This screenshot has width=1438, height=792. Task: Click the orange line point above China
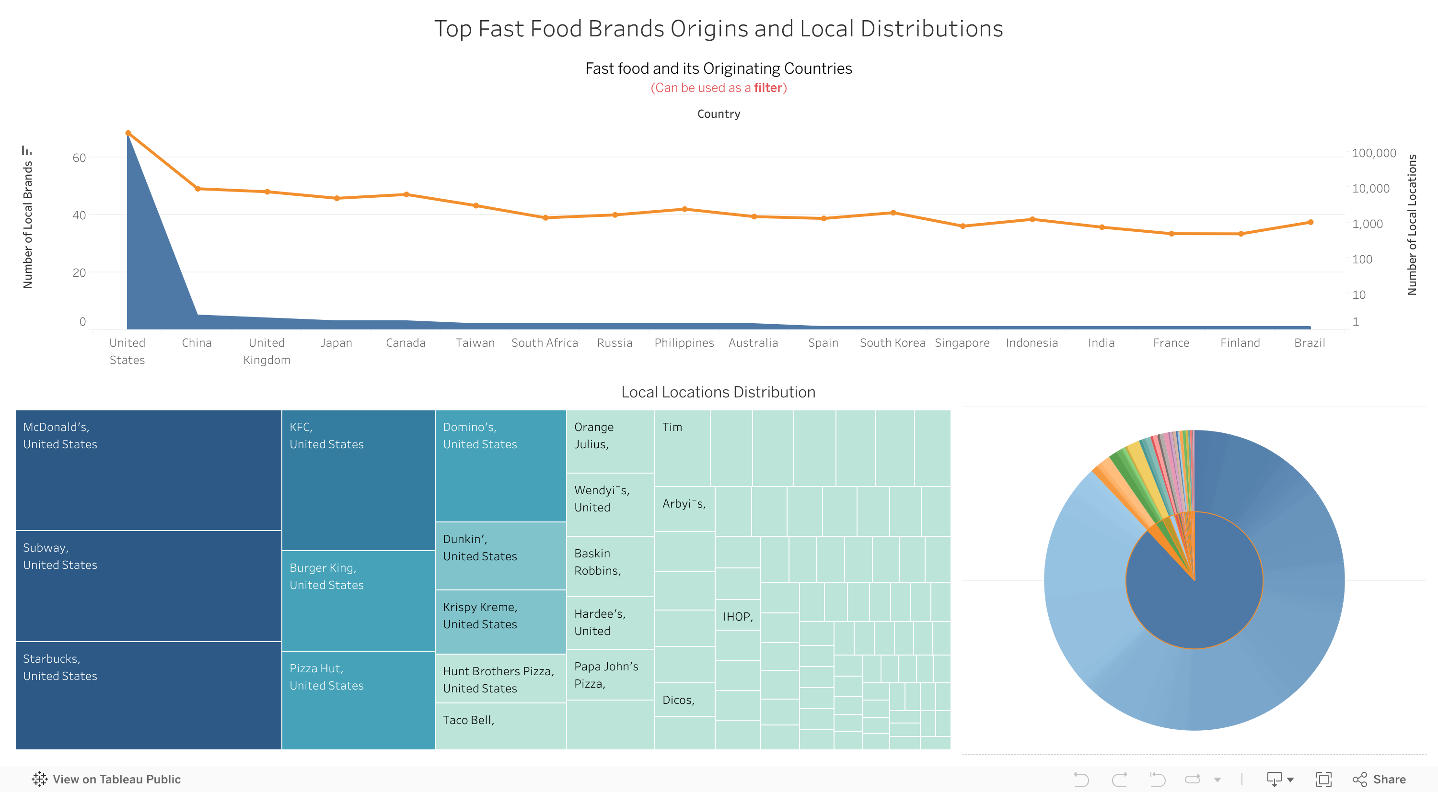tap(197, 189)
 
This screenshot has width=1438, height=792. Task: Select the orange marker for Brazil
tap(1310, 222)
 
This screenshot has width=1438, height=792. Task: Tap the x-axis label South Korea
tap(892, 342)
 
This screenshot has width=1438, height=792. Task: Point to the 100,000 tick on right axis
tap(1373, 153)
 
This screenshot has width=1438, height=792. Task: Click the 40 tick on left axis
tap(79, 215)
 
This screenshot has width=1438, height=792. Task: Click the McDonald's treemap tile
tap(148, 470)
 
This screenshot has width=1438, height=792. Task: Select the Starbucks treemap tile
tap(148, 695)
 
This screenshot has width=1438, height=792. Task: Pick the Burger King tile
tap(358, 600)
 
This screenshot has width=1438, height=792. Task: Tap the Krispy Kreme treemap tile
tap(500, 622)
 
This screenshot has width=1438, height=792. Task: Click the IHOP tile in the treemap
tap(737, 616)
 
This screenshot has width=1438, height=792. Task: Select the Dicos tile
tap(684, 700)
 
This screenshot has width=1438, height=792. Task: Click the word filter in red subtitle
tap(767, 88)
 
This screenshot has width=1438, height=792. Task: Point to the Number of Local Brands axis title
tap(27, 224)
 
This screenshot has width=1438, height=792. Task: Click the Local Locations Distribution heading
tap(718, 392)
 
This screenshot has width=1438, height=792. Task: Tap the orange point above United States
tap(128, 133)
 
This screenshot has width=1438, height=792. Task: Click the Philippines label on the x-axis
tap(684, 342)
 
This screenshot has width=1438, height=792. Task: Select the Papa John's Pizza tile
tap(610, 674)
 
